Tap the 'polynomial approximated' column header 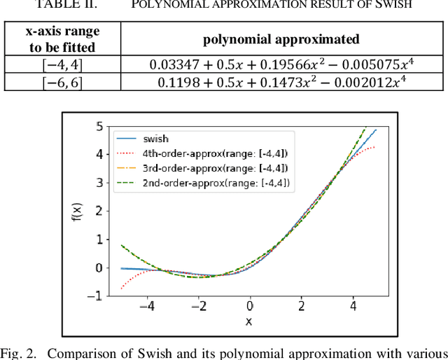click(281, 39)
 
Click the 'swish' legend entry click(154, 139)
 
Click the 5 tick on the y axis click(99, 126)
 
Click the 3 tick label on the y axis click(99, 183)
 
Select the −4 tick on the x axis click(146, 307)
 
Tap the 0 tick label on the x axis click(250, 307)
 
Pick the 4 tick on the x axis click(353, 307)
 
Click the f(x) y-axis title click(78, 211)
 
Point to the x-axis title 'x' click(248, 321)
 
